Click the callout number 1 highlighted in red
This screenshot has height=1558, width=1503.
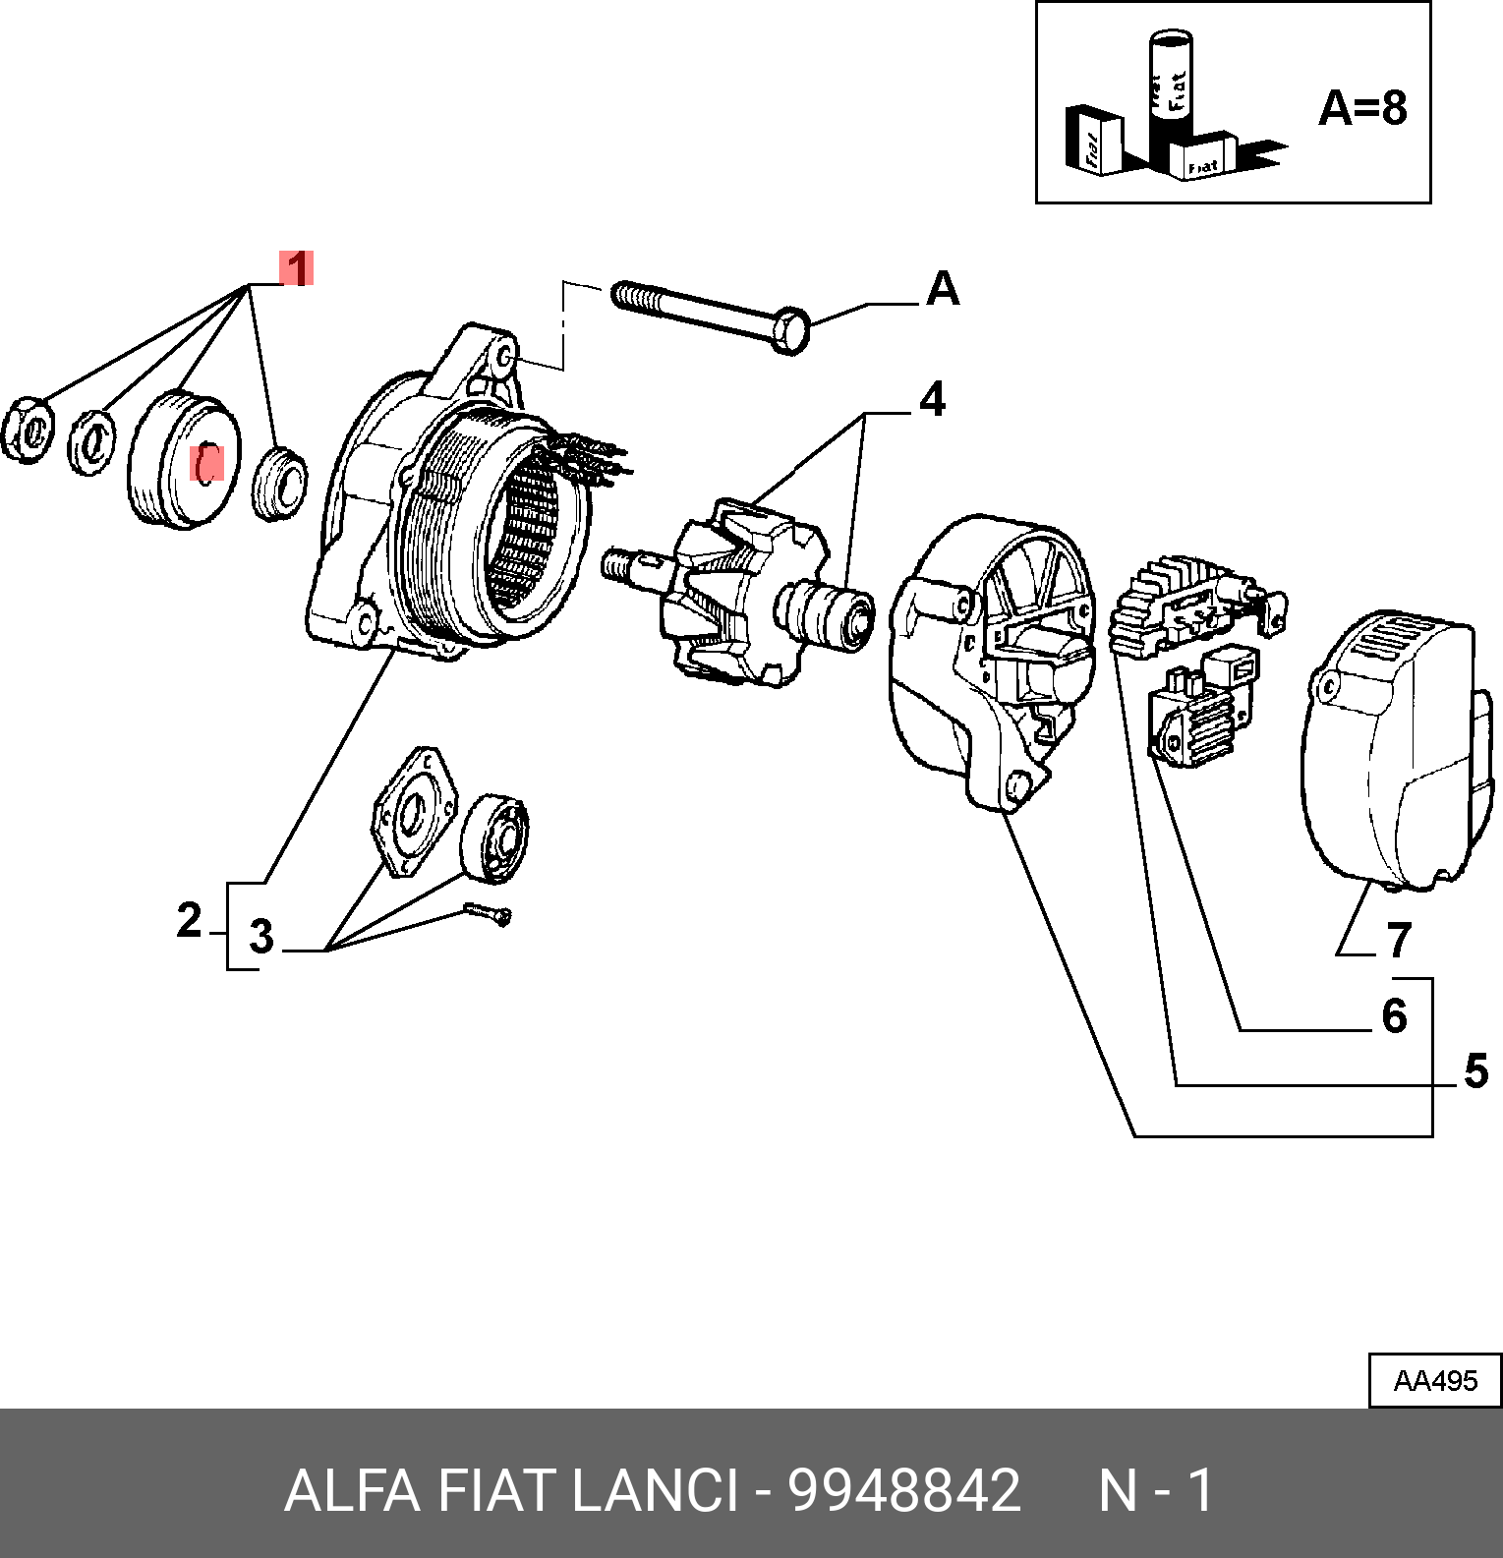296,268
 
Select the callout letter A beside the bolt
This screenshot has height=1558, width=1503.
943,289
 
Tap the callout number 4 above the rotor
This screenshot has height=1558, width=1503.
932,400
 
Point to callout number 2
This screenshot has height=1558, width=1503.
190,921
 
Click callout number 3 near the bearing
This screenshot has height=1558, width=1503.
260,937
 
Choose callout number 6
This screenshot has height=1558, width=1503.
1394,1015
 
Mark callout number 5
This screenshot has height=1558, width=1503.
1474,1070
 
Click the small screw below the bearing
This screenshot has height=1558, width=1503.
489,914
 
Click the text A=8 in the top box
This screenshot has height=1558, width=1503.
1362,108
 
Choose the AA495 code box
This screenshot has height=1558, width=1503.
1435,1380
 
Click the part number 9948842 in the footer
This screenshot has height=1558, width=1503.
904,1490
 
